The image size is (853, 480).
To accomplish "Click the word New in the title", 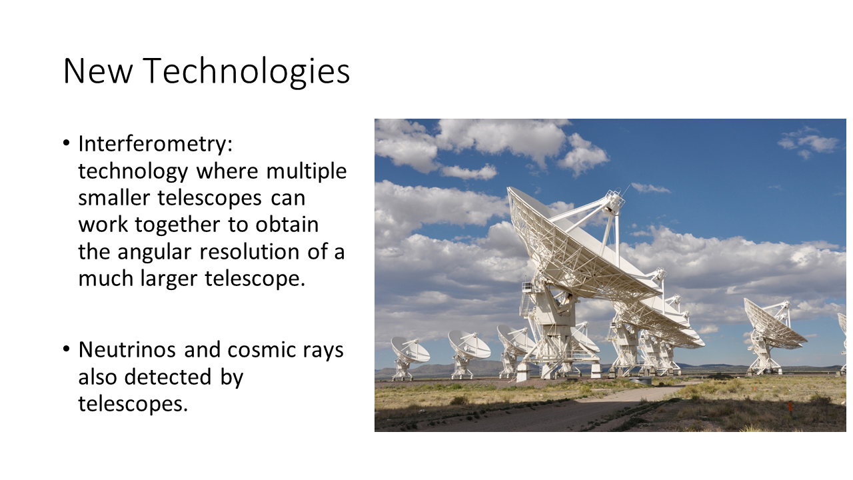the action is tap(98, 71).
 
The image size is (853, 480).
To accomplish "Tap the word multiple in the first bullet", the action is tap(306, 172).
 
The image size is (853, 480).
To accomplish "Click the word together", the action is tap(177, 225).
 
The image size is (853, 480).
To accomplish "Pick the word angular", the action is tap(154, 253).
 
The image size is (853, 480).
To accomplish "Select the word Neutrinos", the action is tap(127, 350).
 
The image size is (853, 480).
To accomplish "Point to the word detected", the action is tap(167, 377).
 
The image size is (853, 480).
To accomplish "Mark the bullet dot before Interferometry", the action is tap(67, 143).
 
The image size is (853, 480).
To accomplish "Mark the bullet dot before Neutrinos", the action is tap(67, 349).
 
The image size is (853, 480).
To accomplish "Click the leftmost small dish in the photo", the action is tap(409, 357).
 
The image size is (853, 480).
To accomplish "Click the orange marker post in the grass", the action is tap(790, 406).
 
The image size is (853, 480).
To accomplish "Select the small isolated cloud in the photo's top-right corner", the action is tap(808, 143).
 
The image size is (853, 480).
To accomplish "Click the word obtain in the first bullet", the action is tap(287, 225).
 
